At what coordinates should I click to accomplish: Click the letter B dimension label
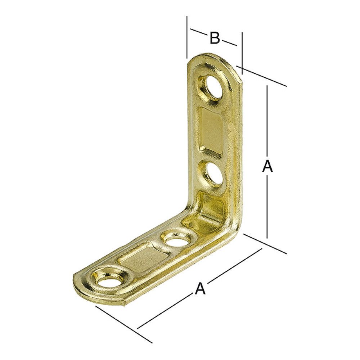pyautogui.click(x=215, y=38)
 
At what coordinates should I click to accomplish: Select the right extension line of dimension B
pyautogui.click(x=242, y=50)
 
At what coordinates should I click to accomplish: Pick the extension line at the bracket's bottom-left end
pyautogui.click(x=122, y=324)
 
